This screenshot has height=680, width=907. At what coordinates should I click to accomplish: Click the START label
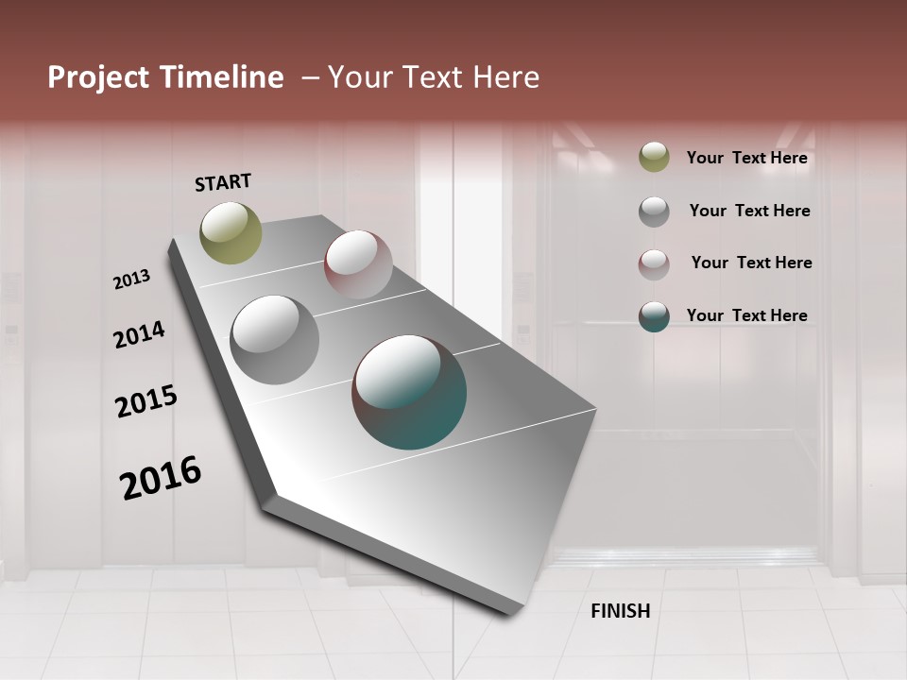coord(223,182)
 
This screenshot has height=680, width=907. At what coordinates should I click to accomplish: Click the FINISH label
coord(620,611)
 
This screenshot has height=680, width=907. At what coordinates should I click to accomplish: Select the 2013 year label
coord(131,280)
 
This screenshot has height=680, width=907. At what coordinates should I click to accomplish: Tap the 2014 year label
coord(139,335)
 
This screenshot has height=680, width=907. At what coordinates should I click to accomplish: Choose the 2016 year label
coord(161,478)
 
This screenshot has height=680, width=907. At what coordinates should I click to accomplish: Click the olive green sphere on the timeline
coord(231,232)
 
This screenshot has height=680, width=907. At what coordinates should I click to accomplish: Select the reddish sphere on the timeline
coord(358,264)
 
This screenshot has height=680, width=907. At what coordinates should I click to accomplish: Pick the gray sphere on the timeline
coord(274,340)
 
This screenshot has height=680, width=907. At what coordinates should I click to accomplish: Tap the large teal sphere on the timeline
coord(409,392)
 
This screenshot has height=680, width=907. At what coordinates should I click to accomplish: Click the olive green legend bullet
coord(654,157)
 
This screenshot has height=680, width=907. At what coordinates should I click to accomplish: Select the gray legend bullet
coord(654,212)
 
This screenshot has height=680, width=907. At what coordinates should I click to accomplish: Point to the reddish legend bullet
coord(654,264)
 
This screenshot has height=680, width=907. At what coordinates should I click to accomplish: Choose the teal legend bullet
coord(654,316)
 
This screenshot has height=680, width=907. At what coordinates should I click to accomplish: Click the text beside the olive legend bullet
coord(746,158)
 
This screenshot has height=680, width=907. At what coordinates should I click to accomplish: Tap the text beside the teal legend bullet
coord(746,315)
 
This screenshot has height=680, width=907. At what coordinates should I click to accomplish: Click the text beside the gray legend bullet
coord(749,211)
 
